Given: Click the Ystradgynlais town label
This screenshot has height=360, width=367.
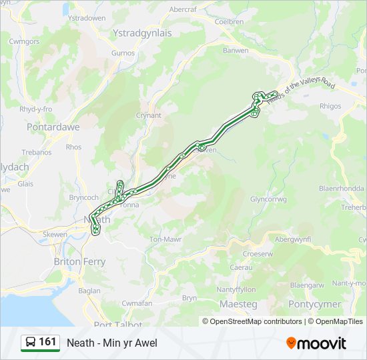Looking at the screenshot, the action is pos(142,33).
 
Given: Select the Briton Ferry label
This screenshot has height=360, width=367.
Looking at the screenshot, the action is pos(79,262).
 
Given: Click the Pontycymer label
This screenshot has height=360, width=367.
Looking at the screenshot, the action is pos(314,304).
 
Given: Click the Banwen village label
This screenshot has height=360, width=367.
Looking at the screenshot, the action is pos(236,51).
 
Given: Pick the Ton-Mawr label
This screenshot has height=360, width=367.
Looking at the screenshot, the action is pos(165,239).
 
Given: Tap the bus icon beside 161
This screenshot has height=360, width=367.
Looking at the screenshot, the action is pos(31,343).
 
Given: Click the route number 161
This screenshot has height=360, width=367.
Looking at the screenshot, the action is pos(47,342).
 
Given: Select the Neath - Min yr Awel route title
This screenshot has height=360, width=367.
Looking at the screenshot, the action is pos(111,343).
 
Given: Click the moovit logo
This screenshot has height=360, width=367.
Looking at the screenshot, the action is pos(316,343).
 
